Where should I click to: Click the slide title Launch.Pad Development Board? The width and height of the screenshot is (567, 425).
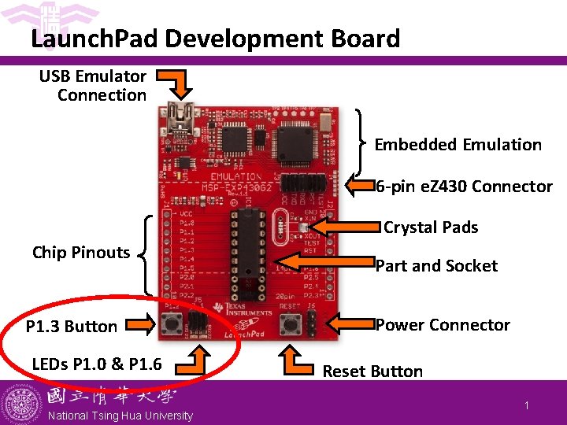tap(215, 38)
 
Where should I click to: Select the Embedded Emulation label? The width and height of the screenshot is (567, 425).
tap(458, 145)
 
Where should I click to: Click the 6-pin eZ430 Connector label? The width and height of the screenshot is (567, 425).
tap(464, 187)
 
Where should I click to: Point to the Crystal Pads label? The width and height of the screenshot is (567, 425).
tap(431, 227)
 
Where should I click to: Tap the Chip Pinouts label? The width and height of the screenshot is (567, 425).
tap(80, 253)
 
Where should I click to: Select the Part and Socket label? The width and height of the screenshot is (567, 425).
tap(436, 266)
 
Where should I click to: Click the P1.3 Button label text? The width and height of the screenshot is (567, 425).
tap(72, 327)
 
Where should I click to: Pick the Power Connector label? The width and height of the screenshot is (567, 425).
tap(443, 325)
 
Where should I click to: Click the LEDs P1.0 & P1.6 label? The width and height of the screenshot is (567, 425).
tap(97, 364)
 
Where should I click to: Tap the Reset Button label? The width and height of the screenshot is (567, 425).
tap(372, 371)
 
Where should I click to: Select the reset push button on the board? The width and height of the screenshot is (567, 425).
tap(291, 323)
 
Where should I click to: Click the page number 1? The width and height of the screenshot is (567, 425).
tap(525, 405)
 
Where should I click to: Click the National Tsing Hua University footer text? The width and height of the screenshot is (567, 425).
tap(120, 416)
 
